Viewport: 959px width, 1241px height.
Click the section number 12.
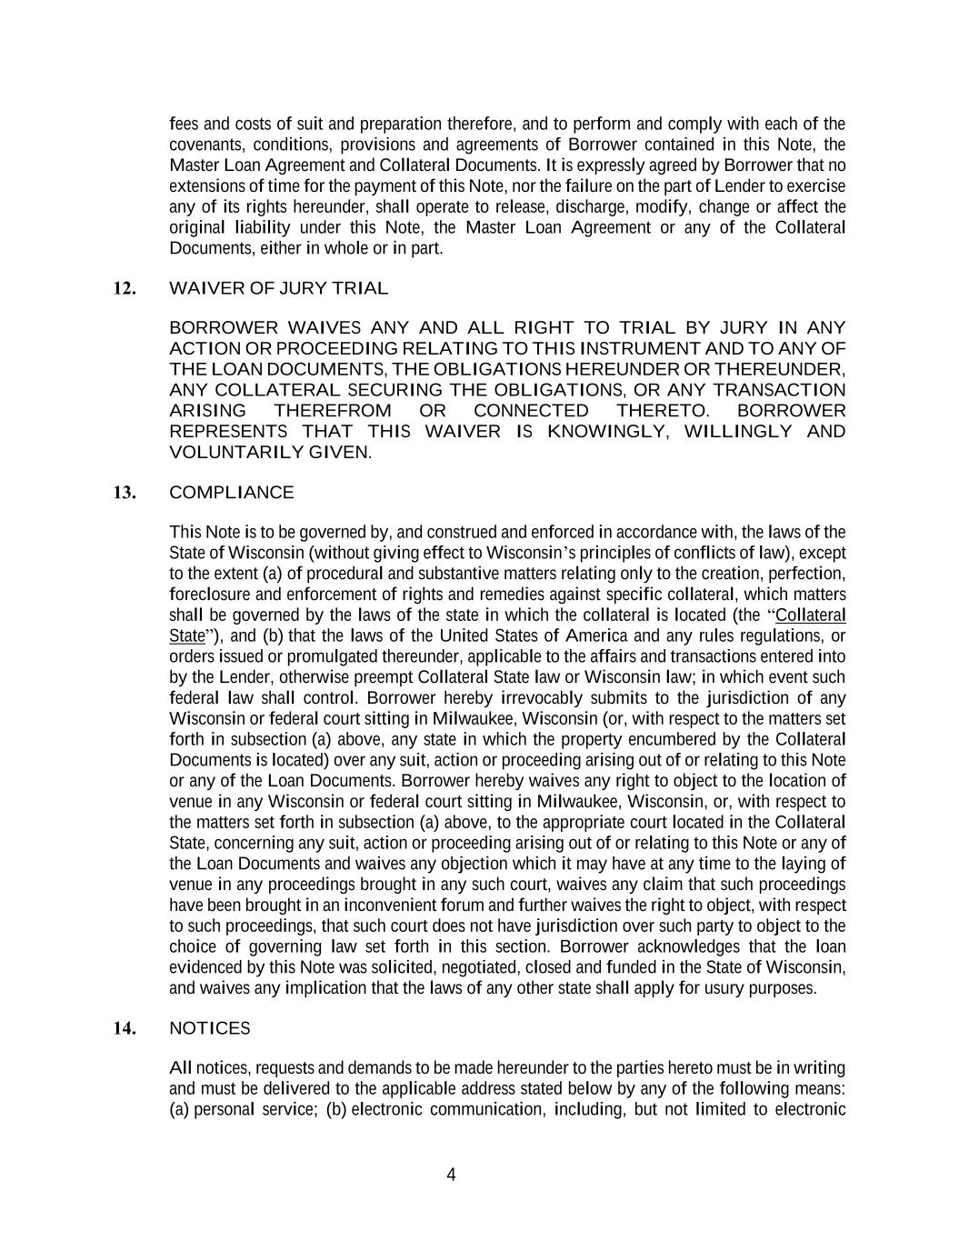[x=125, y=289]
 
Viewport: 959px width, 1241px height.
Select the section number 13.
[x=125, y=493]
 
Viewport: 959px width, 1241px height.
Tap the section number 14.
[x=125, y=1028]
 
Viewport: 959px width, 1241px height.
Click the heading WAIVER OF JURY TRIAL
[x=278, y=289]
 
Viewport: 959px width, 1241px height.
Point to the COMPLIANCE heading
[x=232, y=493]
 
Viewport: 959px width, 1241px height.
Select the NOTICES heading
[x=210, y=1028]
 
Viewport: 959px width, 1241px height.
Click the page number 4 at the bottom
[x=451, y=1175]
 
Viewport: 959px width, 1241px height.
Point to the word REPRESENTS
[x=229, y=432]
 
